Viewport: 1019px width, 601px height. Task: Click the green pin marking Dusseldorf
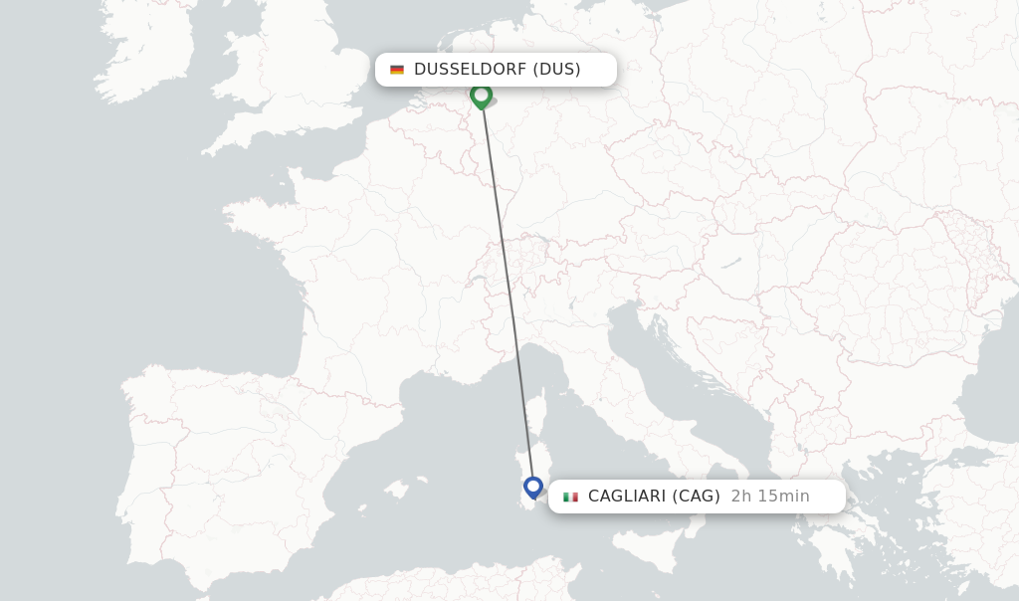482,95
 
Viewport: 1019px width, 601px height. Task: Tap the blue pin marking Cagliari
533,487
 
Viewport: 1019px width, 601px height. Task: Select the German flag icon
397,70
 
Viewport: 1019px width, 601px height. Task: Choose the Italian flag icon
570,497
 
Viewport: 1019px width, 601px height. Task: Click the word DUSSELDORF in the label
470,70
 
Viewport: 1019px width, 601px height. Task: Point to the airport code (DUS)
556,70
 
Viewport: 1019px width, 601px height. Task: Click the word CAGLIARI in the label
626,497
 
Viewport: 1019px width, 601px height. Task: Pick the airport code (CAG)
696,497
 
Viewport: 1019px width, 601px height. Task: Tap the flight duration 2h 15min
770,497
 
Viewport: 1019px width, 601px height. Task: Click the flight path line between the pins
508,289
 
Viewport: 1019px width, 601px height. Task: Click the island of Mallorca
396,490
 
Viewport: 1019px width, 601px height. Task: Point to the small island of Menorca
421,480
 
